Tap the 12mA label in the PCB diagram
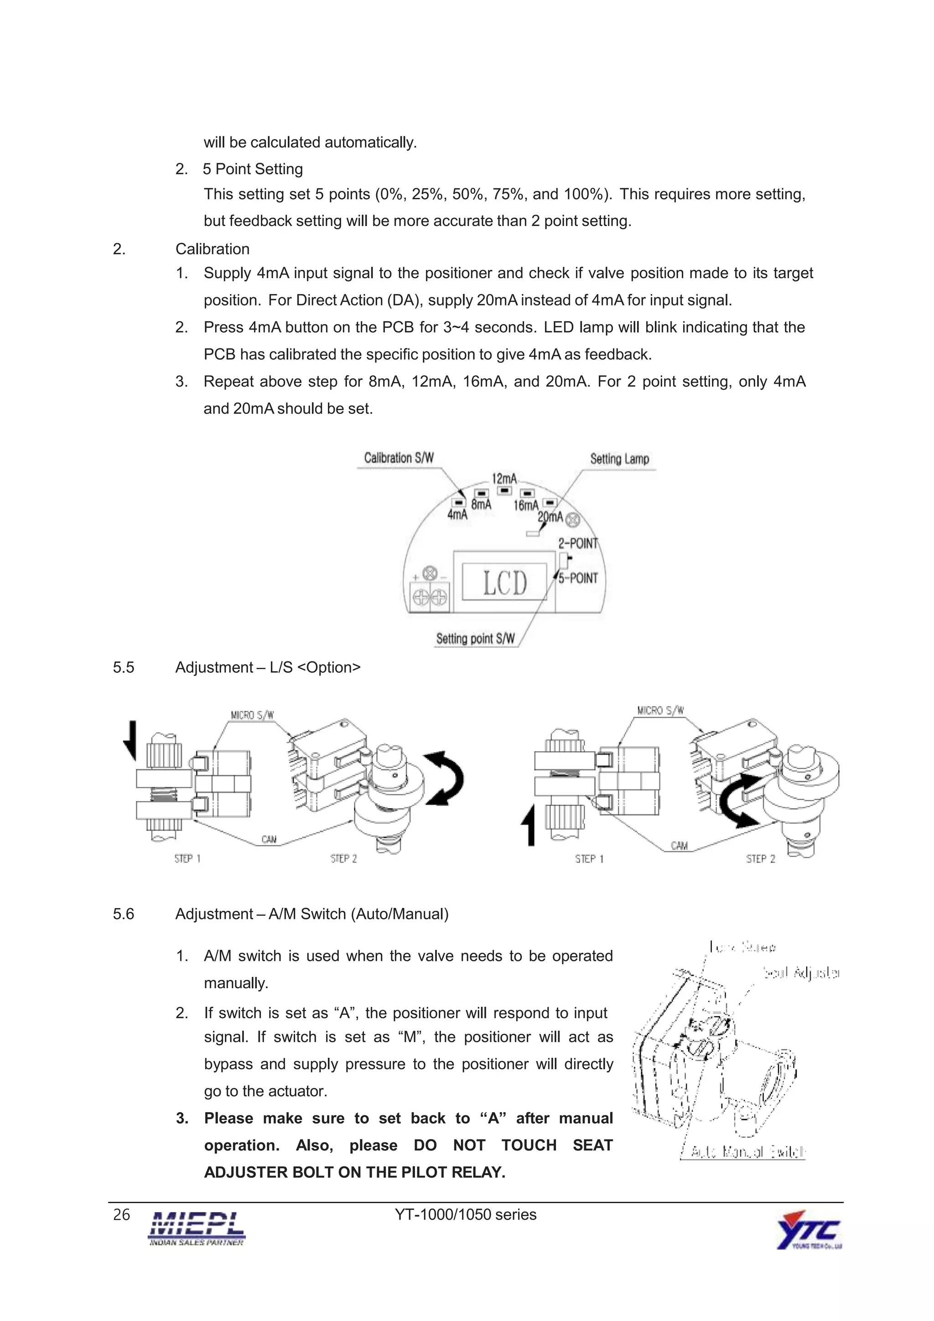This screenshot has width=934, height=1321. (x=503, y=479)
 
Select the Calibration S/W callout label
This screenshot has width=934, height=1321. (x=399, y=458)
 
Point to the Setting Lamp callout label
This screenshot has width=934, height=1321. (x=619, y=459)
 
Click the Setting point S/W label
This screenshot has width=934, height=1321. (x=475, y=639)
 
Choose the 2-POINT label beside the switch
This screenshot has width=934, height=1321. (x=578, y=543)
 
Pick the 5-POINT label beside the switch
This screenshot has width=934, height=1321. (x=578, y=578)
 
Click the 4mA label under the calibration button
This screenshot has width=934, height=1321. (x=457, y=514)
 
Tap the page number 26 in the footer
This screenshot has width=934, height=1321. (x=121, y=1214)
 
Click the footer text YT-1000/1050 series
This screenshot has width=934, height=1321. (x=466, y=1214)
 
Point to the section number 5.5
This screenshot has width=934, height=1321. (x=123, y=667)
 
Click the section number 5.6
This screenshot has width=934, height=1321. (x=123, y=913)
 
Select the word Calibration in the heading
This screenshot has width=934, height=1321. (x=213, y=249)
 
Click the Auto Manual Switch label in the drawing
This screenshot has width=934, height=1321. (x=747, y=1152)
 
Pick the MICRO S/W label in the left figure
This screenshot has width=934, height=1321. (x=252, y=715)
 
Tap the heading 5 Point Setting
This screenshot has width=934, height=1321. (x=253, y=169)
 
